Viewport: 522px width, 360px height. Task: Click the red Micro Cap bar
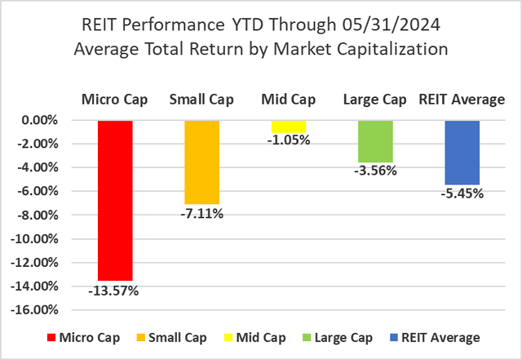pos(115,200)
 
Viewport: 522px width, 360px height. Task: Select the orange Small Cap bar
pos(201,162)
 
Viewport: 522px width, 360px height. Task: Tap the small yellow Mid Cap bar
pos(288,126)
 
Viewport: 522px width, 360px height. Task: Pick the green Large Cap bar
pos(375,141)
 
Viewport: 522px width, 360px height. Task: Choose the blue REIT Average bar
pos(462,152)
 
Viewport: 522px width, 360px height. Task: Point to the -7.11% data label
pos(201,215)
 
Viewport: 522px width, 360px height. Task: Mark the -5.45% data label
pos(462,194)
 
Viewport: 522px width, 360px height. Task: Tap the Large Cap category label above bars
pos(375,100)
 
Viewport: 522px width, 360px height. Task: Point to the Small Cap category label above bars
pos(201,100)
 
